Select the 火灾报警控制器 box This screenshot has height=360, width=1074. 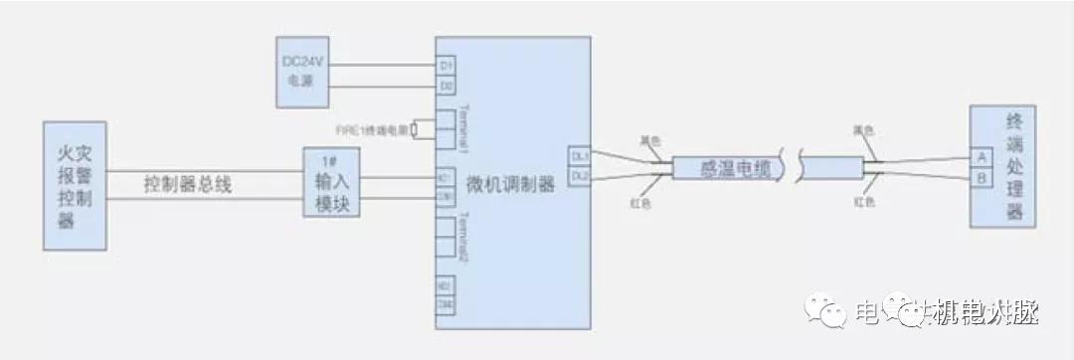pyautogui.click(x=75, y=186)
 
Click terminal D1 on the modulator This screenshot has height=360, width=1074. pyautogui.click(x=446, y=66)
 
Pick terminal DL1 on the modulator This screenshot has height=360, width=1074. pyautogui.click(x=579, y=157)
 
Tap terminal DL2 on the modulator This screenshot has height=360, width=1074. pyautogui.click(x=579, y=175)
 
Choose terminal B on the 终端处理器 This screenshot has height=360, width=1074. pyautogui.click(x=982, y=179)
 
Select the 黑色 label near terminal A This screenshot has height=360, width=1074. pyautogui.click(x=863, y=130)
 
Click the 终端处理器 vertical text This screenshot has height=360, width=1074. pyautogui.click(x=1013, y=169)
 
